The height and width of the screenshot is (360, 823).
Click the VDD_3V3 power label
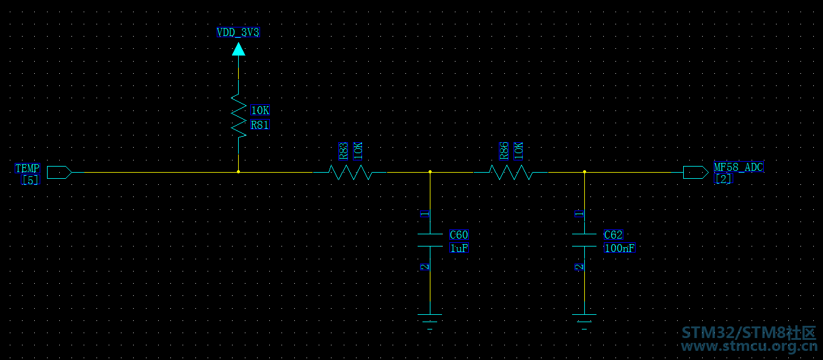click(238, 32)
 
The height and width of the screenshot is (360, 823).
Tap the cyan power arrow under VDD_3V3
click(239, 49)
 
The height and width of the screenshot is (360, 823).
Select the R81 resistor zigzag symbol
click(239, 116)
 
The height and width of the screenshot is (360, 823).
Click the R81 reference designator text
click(259, 125)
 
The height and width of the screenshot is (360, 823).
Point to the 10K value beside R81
click(260, 110)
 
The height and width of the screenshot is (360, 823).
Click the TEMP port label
click(27, 168)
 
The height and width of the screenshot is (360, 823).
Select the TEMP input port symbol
click(59, 172)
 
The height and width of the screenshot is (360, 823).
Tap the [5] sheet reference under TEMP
click(30, 180)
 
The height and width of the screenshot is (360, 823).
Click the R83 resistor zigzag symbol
click(350, 172)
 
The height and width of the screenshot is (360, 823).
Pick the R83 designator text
click(343, 151)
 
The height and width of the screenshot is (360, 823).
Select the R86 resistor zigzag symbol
click(510, 172)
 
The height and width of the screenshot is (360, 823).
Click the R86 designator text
click(504, 151)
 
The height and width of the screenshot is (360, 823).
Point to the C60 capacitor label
click(459, 235)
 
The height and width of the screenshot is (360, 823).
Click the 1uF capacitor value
click(459, 248)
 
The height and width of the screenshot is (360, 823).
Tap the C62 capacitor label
click(613, 235)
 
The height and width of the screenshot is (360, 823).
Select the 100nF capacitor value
click(620, 248)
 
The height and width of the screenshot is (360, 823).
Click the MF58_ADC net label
click(739, 167)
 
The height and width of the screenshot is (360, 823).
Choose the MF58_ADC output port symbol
click(695, 172)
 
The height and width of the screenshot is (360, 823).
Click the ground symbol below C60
click(430, 322)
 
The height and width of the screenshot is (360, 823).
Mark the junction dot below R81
click(239, 172)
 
